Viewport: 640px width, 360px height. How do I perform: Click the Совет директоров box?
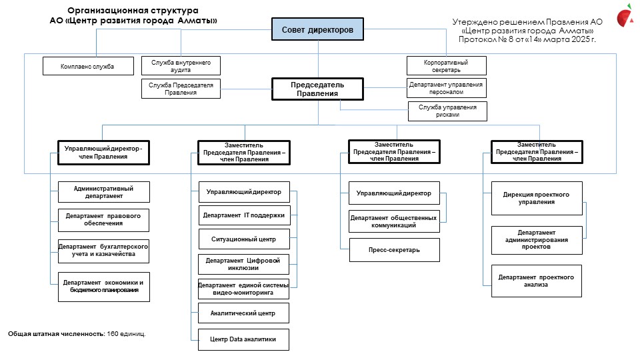[317, 29]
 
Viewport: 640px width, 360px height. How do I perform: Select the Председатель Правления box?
[317, 89]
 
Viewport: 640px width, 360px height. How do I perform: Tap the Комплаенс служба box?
[88, 66]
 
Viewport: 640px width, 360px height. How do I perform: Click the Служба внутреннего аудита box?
[181, 66]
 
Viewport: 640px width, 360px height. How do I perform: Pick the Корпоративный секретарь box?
[447, 66]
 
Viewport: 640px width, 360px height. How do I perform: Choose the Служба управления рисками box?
[447, 111]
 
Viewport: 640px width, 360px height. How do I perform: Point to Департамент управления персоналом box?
[447, 88]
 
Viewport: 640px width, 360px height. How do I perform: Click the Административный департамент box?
[104, 192]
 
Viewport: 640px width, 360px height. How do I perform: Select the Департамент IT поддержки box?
[244, 215]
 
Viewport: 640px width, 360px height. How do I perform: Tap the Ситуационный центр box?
[244, 239]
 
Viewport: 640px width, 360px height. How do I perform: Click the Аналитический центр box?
[244, 313]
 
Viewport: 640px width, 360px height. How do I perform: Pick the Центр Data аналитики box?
[244, 339]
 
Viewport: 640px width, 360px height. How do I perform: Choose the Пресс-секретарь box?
[394, 250]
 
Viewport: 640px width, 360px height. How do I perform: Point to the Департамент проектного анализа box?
[536, 281]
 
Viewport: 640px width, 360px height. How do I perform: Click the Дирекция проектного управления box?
[537, 199]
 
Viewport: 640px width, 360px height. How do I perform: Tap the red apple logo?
[625, 15]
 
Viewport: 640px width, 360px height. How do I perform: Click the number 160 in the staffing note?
[113, 334]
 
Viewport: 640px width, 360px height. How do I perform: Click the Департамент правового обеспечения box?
[104, 219]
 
